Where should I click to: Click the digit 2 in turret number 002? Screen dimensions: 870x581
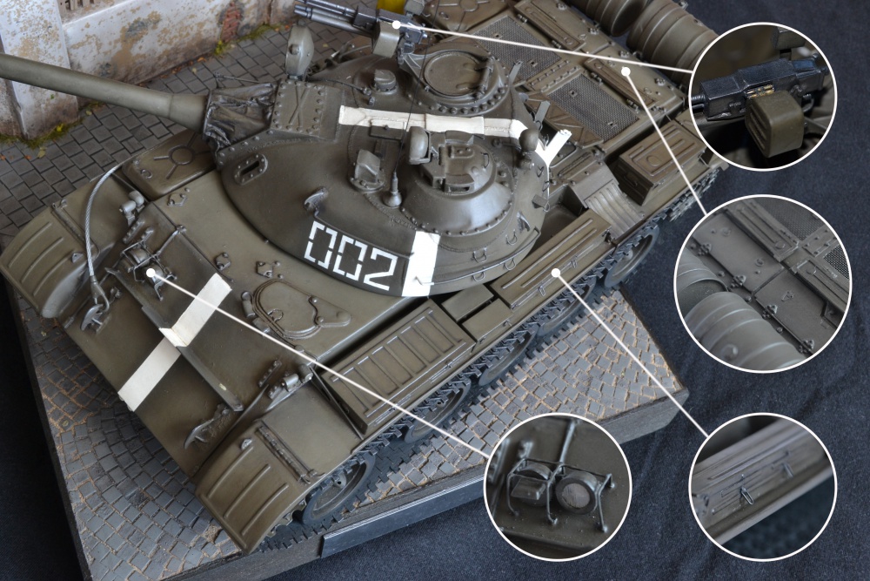tap(383, 271)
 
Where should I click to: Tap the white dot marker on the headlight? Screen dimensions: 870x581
tap(151, 272)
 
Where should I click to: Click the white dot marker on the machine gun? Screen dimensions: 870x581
tap(396, 24)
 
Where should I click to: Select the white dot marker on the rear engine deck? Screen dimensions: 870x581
tap(626, 71)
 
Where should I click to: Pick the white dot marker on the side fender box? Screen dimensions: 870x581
tap(557, 272)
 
